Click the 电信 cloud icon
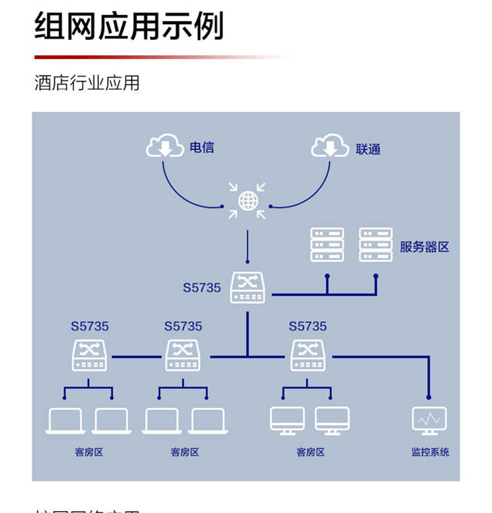tap(165, 146)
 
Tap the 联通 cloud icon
tap(330, 146)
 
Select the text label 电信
tap(201, 147)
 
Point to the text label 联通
tap(368, 149)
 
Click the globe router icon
tap(247, 200)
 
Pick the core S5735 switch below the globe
tap(247, 288)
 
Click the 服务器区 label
tap(424, 247)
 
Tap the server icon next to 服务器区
tap(376, 244)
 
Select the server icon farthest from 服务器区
tap(327, 244)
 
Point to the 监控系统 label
tap(430, 452)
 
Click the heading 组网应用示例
tap(129, 26)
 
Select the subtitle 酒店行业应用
tap(87, 83)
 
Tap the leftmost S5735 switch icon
tap(89, 355)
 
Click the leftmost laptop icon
tap(65, 421)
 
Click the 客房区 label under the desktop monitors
tap(310, 452)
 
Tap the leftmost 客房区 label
tap(89, 452)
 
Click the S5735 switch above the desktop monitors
tap(308, 355)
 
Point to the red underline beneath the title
tap(157, 57)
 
